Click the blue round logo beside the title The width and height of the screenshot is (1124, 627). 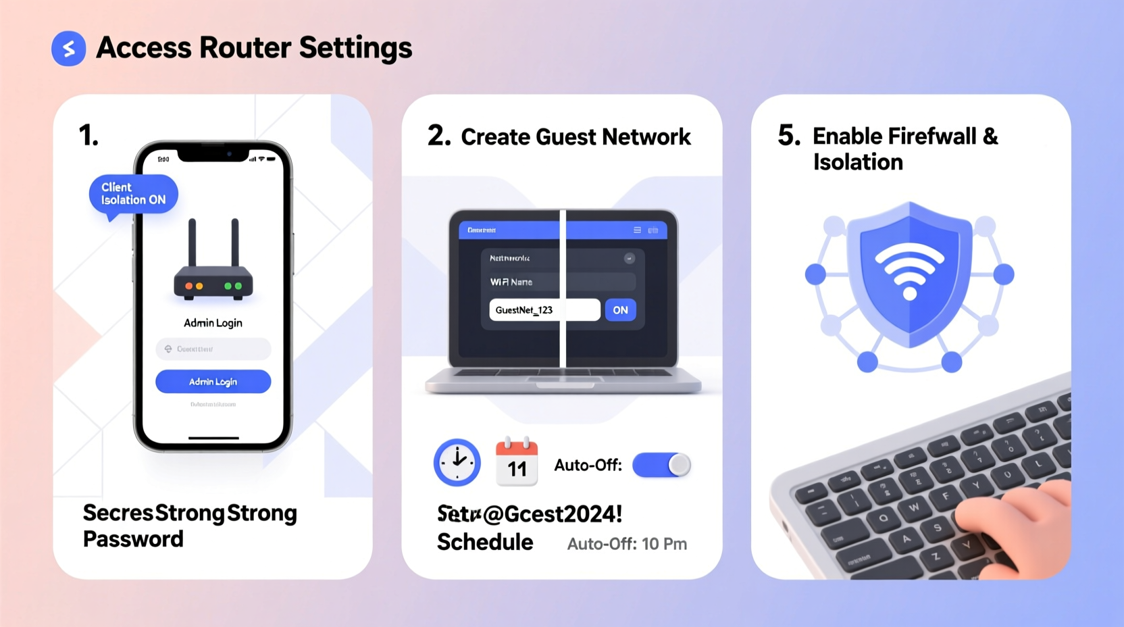(x=68, y=49)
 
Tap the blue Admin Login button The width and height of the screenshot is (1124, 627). (x=213, y=382)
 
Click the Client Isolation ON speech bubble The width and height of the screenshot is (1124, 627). (x=133, y=194)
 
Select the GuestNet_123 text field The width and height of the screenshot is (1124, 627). (x=544, y=310)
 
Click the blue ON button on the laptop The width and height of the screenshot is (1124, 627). (x=620, y=310)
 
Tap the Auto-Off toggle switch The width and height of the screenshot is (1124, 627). (x=661, y=465)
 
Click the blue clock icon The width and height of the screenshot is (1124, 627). (x=457, y=463)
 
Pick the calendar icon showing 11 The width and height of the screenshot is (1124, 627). (x=517, y=462)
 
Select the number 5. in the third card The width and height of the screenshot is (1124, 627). (x=788, y=136)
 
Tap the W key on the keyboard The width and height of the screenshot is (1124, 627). (x=913, y=507)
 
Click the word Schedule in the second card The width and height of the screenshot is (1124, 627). (x=485, y=543)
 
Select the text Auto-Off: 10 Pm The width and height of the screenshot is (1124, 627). (x=627, y=544)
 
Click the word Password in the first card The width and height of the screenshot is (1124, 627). (x=133, y=539)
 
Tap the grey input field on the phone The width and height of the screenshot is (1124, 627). (x=213, y=349)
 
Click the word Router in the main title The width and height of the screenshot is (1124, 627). (x=245, y=48)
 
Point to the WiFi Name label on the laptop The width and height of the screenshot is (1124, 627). (x=511, y=282)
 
